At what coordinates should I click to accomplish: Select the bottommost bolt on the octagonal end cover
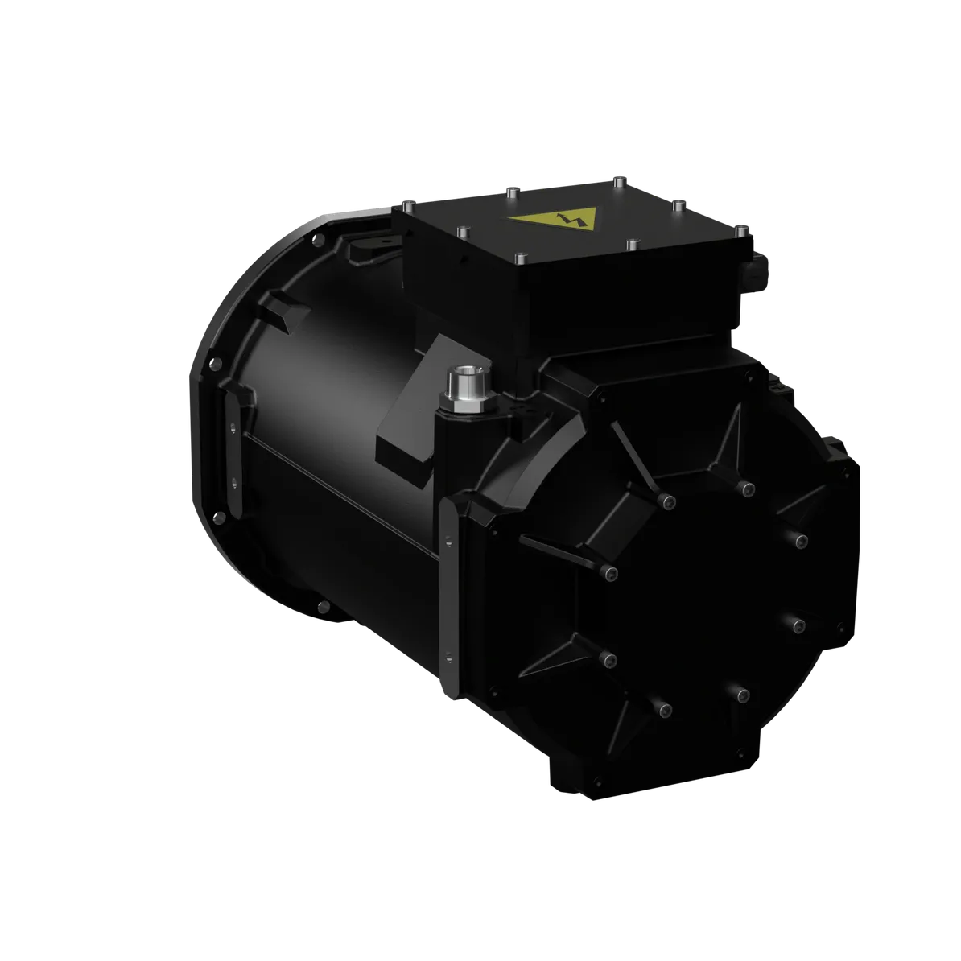tap(663, 709)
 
